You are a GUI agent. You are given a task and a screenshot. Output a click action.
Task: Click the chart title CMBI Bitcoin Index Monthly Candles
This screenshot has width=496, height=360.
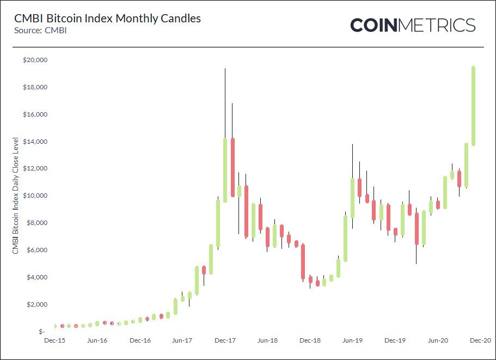(x=107, y=19)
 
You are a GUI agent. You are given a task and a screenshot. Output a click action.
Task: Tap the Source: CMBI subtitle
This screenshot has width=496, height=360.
(x=37, y=30)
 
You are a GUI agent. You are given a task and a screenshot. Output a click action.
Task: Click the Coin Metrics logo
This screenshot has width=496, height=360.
(x=413, y=25)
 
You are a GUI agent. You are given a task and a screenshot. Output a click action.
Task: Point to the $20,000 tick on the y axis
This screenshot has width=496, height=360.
(x=34, y=60)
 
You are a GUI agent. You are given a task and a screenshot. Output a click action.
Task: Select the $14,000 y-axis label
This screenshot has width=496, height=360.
(x=34, y=142)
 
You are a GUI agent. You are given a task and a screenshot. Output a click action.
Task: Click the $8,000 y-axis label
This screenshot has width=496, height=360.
(x=36, y=223)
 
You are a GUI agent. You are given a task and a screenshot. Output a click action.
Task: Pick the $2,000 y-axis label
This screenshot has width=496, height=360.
(x=36, y=304)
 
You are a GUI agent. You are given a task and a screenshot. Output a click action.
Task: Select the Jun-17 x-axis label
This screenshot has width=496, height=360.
(x=182, y=340)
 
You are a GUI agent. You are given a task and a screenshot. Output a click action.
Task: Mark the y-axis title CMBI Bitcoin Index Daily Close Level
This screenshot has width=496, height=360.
(x=16, y=196)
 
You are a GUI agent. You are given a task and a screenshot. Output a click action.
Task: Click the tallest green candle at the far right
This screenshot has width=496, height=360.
(x=474, y=106)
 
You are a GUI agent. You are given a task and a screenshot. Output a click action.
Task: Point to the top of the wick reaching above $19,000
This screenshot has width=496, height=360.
(x=225, y=69)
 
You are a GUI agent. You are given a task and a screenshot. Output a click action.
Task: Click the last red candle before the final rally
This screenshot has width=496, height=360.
(x=460, y=179)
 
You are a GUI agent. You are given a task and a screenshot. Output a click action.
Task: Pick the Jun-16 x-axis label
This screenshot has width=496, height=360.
(x=97, y=340)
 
